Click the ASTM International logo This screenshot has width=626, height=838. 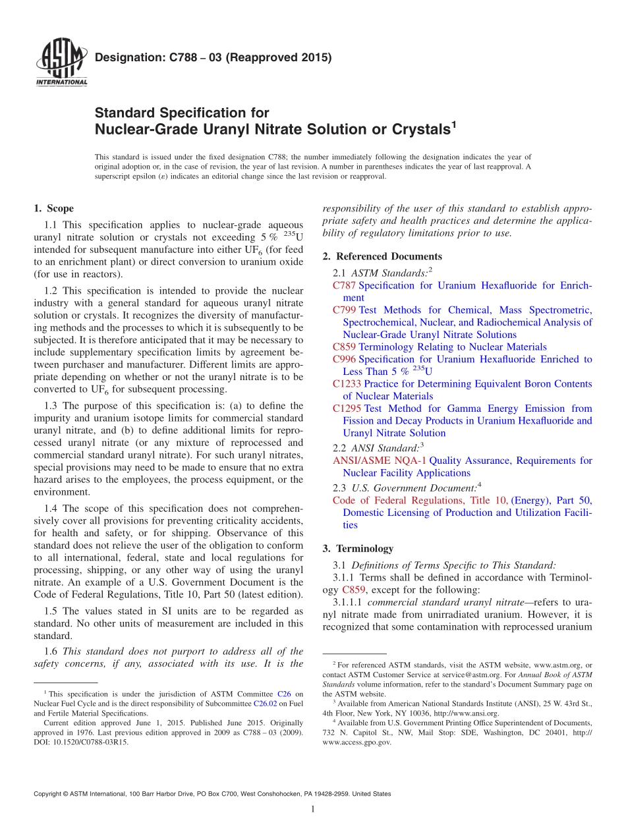pyautogui.click(x=61, y=63)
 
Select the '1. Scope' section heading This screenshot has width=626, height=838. pyautogui.click(x=53, y=209)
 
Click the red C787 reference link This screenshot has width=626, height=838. pyautogui.click(x=345, y=285)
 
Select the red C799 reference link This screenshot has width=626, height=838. pyautogui.click(x=345, y=310)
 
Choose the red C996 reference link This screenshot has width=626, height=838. pyautogui.click(x=345, y=359)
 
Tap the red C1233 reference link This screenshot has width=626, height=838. pyautogui.click(x=347, y=383)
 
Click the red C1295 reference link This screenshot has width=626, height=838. pyautogui.click(x=347, y=408)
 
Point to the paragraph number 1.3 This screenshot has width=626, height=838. pyautogui.click(x=51, y=406)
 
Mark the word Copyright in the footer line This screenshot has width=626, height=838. pyautogui.click(x=49, y=794)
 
